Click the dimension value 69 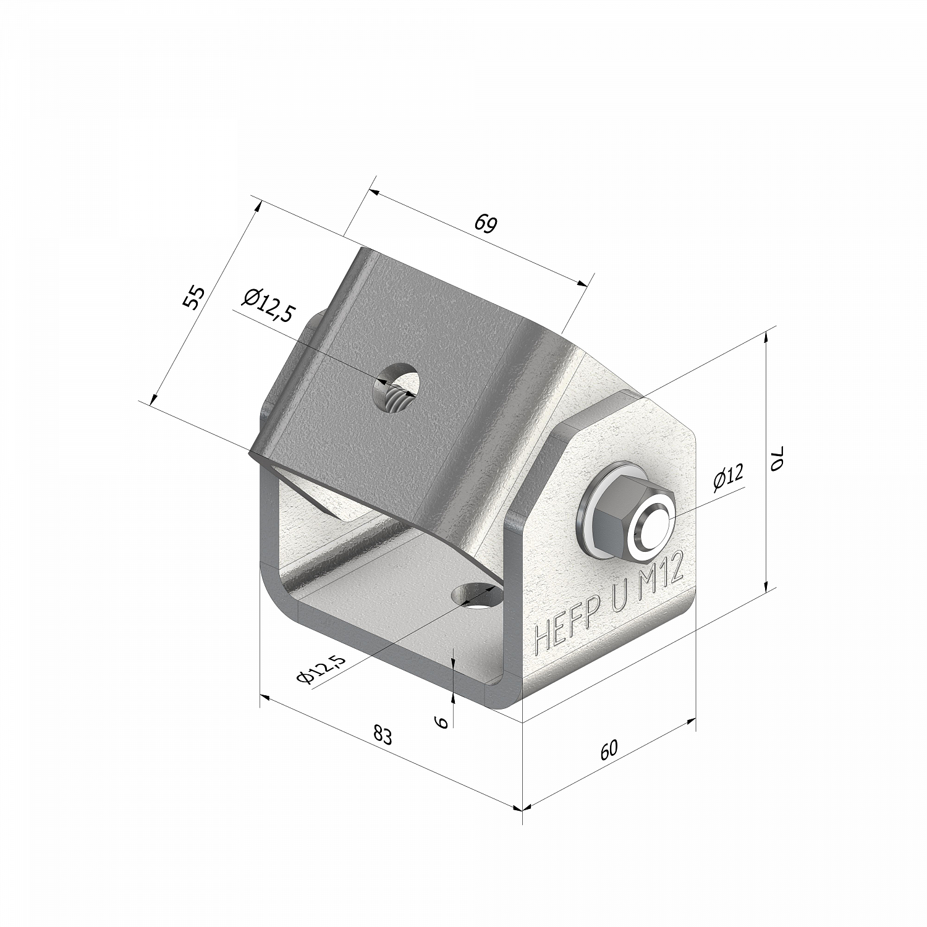pos(486,224)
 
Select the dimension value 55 pos(193,298)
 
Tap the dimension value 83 pos(383,735)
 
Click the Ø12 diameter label pos(728,477)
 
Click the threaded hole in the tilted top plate pos(396,388)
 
